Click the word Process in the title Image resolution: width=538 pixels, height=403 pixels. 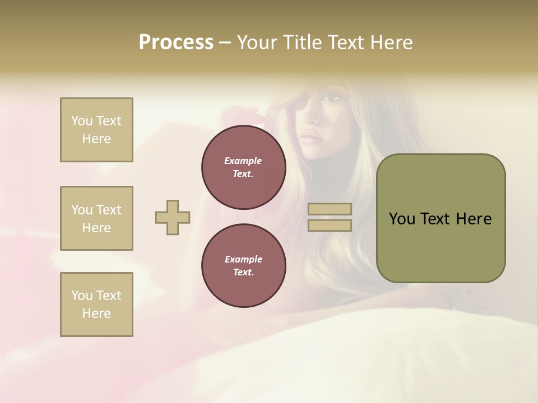click(176, 43)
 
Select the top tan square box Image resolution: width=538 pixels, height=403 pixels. click(96, 130)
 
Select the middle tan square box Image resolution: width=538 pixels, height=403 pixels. click(96, 218)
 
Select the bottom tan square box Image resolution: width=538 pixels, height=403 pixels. click(96, 304)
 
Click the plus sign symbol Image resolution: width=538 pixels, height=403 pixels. click(173, 217)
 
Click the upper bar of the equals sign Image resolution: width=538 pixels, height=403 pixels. click(330, 209)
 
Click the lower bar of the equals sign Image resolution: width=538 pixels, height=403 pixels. click(330, 225)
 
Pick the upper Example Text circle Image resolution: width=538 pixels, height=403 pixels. click(244, 167)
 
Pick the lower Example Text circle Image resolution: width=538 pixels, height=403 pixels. click(244, 266)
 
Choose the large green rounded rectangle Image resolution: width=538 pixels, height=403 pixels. click(440, 218)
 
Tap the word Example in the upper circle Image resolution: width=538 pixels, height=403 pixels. click(243, 161)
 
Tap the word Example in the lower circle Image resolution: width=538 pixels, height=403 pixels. click(243, 259)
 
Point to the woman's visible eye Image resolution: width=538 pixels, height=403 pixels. click(332, 99)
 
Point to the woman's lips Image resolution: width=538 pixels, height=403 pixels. click(312, 138)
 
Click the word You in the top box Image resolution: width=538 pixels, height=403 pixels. click(81, 121)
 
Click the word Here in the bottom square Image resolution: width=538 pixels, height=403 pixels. click(96, 313)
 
